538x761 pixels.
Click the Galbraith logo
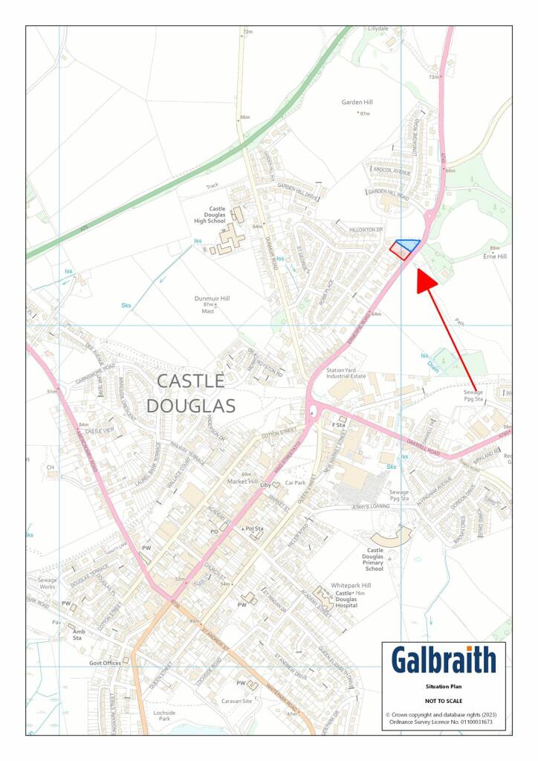coord(444,660)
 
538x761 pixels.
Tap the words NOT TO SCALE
coord(444,701)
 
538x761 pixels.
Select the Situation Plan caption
coord(444,687)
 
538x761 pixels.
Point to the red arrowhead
coord(427,283)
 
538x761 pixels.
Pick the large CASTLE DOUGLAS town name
coord(190,394)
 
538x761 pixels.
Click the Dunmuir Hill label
coord(212,298)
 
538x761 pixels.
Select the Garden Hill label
coord(357,102)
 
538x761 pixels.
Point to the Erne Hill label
coord(494,256)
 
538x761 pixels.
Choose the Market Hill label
coord(242,482)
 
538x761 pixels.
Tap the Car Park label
coord(296,483)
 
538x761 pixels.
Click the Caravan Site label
coord(237,701)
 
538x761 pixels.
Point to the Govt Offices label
coord(105,663)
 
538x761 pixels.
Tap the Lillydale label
coord(378,28)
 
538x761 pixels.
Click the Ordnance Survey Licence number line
coord(444,722)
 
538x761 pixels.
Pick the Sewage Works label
coord(47,583)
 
